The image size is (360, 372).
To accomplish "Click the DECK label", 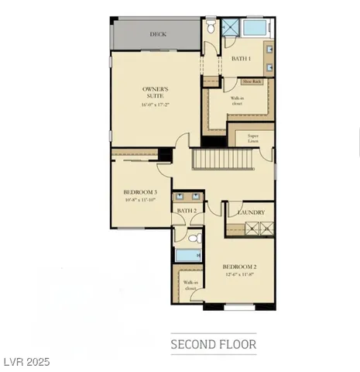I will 158,34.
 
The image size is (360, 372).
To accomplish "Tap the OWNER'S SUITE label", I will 156,92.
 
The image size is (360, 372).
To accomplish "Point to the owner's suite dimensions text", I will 156,105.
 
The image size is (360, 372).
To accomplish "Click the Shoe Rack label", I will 252,81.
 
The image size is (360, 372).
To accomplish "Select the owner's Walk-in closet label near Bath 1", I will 238,101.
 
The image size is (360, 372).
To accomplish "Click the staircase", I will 224,160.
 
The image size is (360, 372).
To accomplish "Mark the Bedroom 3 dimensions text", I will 140,200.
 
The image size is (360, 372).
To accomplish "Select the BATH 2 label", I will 187,210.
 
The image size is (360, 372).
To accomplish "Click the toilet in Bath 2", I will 197,238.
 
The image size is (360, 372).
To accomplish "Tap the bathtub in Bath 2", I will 188,255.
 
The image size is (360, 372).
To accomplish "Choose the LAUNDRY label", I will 252,212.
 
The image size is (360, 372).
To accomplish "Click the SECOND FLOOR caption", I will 213,343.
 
